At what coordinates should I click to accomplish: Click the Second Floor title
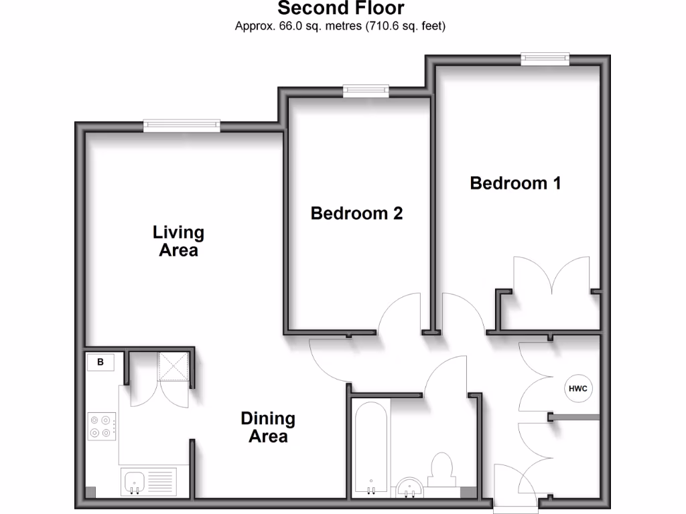coord(341,9)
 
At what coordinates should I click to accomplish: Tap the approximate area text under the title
coord(340,26)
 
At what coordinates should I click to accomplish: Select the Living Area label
coord(178,242)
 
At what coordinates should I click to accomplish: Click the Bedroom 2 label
coord(356,213)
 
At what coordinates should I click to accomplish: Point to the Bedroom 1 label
coord(515,183)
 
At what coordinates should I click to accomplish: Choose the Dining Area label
coord(268,428)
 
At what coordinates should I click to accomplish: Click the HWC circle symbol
coord(578,388)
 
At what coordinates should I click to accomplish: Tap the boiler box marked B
coord(100,363)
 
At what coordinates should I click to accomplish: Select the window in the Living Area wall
coord(182,125)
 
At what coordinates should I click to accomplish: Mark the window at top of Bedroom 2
coord(366,90)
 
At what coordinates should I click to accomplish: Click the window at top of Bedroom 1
coord(546,59)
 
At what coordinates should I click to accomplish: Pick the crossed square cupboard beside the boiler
coord(174,367)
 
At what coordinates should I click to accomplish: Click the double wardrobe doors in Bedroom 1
coord(551,276)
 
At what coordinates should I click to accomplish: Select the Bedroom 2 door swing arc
coord(400,313)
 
